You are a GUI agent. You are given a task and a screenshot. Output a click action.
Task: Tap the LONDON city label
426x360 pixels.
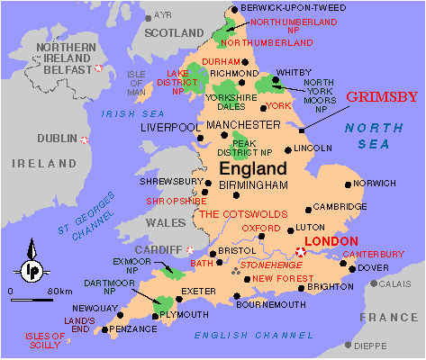332,241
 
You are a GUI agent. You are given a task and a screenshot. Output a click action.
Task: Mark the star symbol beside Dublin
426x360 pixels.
85,139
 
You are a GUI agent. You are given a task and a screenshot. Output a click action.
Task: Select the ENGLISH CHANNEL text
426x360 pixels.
246,335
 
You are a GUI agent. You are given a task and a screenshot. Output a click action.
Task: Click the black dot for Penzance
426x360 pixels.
105,329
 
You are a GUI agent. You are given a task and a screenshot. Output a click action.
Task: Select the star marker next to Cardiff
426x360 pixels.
190,249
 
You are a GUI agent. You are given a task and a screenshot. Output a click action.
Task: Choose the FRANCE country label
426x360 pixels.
388,318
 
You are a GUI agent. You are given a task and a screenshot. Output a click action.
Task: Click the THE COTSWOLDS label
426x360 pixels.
243,214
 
